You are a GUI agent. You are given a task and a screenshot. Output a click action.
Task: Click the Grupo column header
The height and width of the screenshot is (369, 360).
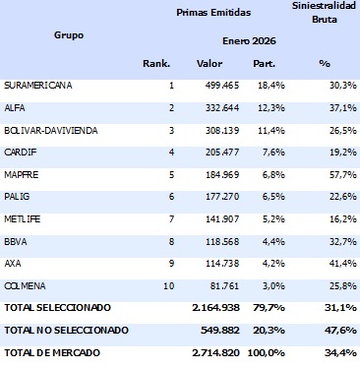pos(68,35)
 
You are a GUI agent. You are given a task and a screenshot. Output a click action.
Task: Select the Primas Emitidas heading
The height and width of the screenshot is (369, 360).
pos(213,13)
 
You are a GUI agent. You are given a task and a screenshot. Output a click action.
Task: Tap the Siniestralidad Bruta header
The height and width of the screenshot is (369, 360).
pos(325,12)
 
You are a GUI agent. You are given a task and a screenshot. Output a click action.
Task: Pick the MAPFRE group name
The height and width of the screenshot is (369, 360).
pos(23,173)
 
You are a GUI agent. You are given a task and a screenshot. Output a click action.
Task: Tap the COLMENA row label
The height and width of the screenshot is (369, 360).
pos(26,285)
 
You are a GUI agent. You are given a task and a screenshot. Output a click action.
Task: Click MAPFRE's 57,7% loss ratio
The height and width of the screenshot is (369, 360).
pos(340,173)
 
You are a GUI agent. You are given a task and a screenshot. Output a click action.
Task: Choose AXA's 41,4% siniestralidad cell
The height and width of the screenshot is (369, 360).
pos(340,263)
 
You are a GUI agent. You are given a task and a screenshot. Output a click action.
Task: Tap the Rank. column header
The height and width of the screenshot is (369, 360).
pos(156,63)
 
